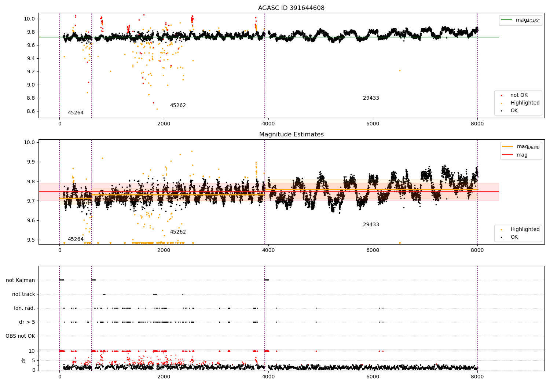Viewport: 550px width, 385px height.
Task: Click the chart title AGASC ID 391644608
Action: (291, 8)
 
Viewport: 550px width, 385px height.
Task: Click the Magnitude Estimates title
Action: (291, 134)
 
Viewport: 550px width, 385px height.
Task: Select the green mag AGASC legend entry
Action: (521, 20)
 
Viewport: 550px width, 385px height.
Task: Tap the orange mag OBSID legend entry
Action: (521, 147)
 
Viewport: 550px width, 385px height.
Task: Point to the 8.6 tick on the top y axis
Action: (29, 111)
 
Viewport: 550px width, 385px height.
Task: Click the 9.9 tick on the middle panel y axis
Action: (29, 162)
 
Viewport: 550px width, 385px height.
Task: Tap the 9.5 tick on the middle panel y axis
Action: (29, 240)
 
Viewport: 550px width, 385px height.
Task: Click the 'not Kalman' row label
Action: (21, 280)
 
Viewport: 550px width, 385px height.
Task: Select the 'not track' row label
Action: (23, 294)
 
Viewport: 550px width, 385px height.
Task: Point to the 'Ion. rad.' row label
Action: (24, 308)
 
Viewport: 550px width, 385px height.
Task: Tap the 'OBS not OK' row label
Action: (20, 336)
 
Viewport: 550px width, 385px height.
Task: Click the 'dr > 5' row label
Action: (27, 322)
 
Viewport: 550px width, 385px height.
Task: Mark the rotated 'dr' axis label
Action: (23, 360)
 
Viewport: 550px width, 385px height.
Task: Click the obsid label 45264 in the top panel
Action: (76, 113)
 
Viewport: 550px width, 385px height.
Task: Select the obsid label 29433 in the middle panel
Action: (371, 224)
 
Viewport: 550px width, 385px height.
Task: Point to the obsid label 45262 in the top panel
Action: (178, 105)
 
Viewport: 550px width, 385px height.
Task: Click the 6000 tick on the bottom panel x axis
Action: (373, 377)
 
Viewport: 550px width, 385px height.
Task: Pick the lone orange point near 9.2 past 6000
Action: (400, 71)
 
